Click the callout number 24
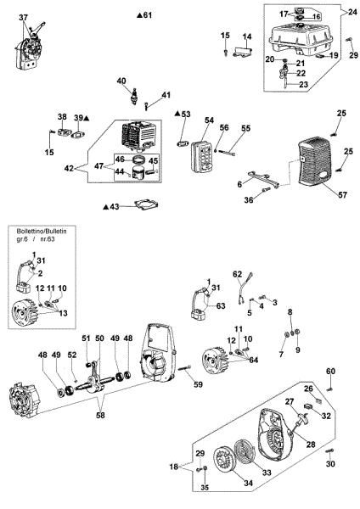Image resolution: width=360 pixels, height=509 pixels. tap(352, 13)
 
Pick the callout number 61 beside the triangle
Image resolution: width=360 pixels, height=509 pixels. tap(148, 16)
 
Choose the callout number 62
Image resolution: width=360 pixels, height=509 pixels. tap(239, 274)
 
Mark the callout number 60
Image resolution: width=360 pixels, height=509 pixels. tap(331, 372)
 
